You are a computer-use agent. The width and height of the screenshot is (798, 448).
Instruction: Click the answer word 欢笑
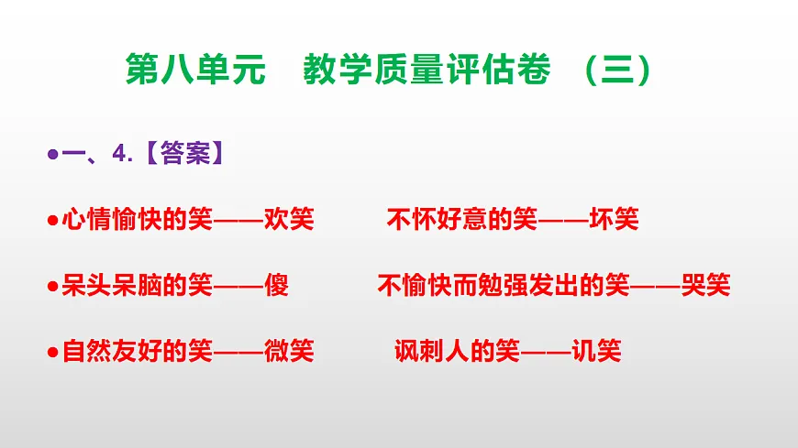(x=289, y=220)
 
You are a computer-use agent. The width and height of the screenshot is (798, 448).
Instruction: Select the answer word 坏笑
(x=614, y=220)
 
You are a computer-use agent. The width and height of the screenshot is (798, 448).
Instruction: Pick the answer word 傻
(x=276, y=286)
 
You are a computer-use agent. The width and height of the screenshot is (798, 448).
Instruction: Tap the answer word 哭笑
(x=705, y=286)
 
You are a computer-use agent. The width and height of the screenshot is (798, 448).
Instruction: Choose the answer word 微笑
(x=289, y=351)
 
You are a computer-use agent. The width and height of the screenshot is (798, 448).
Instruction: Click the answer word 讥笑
(x=596, y=351)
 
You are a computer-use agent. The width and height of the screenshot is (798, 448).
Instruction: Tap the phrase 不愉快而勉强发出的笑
(x=503, y=286)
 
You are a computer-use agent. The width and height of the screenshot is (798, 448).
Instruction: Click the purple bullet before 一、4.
(x=52, y=155)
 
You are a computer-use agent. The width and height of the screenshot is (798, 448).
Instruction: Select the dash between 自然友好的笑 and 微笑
(x=238, y=351)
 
